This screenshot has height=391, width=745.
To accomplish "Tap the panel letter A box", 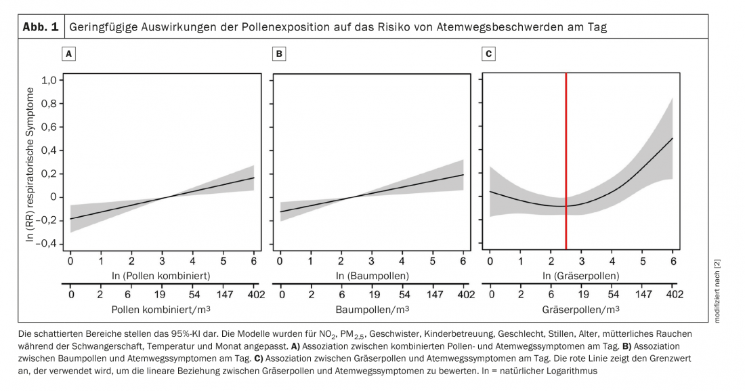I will point(68,52).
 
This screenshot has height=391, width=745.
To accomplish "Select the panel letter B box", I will point(278,52).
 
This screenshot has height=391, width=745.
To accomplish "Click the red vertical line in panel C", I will point(566,163).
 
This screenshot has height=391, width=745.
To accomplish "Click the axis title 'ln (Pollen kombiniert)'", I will point(162,276).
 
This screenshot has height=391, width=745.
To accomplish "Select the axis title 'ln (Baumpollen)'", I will point(372,276).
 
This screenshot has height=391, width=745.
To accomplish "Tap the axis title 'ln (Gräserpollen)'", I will point(582,276).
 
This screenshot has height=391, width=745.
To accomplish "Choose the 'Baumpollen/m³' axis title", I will point(371,310).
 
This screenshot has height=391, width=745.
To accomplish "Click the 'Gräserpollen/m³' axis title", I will point(582,310).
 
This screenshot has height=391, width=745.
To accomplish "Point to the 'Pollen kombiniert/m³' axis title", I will point(162,310).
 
